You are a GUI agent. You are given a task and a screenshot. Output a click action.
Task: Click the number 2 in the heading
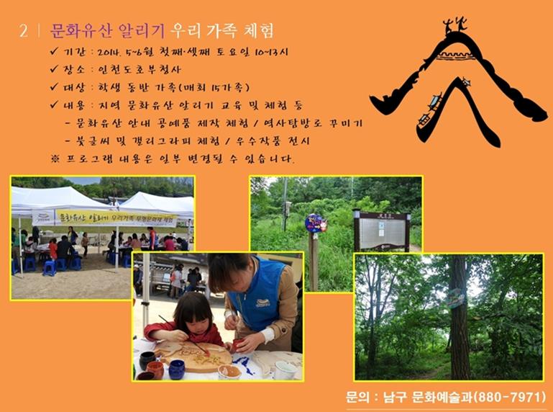click(23, 31)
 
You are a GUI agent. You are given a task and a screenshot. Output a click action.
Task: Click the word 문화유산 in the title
click(81, 31)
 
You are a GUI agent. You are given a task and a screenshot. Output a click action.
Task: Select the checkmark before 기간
click(54, 51)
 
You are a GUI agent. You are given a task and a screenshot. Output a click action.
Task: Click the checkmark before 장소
click(54, 68)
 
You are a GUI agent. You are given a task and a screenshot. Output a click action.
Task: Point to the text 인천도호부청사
click(140, 69)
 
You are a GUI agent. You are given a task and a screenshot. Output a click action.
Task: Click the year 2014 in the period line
click(109, 53)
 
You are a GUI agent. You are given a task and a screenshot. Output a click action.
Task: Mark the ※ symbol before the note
click(55, 158)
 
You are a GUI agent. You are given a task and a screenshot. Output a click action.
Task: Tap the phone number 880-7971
click(511, 397)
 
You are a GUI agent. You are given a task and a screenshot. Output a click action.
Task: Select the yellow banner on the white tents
click(116, 218)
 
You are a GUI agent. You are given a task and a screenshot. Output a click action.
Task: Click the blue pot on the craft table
click(177, 370)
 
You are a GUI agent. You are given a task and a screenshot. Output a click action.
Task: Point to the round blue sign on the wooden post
click(316, 224)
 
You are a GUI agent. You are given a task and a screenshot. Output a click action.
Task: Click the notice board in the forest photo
click(383, 230)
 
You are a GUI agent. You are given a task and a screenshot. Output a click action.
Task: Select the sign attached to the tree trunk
click(456, 299)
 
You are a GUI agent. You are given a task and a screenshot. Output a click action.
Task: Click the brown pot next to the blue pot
click(155, 370)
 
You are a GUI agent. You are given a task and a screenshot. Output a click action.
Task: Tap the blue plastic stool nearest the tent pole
click(50, 268)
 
